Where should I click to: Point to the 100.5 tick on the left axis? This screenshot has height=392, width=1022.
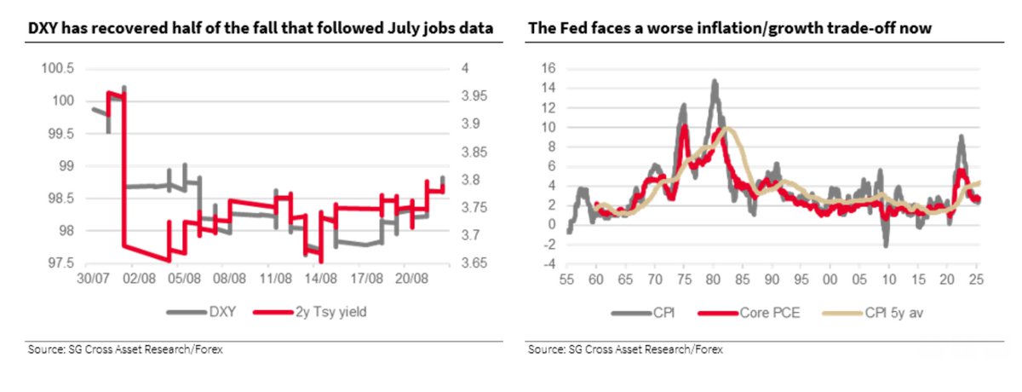coord(57,68)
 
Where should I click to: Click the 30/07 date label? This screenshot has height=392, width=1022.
coord(91,279)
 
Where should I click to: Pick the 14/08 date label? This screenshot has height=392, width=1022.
coord(319,279)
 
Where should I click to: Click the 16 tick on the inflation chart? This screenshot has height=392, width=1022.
coord(548,68)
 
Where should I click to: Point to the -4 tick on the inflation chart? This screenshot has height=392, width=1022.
coord(548,262)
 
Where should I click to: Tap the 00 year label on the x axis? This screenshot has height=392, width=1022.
coord(829,279)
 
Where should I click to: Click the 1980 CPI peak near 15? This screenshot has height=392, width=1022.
coord(715,81)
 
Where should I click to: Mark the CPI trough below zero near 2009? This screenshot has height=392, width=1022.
coord(887,245)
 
